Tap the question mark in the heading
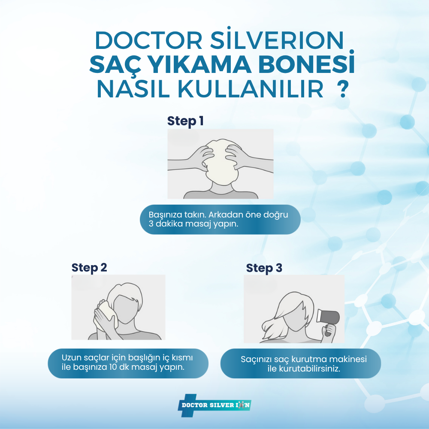(342, 90)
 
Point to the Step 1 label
(185, 121)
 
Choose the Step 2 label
(89, 268)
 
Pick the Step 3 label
(264, 268)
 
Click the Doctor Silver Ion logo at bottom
(214, 405)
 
